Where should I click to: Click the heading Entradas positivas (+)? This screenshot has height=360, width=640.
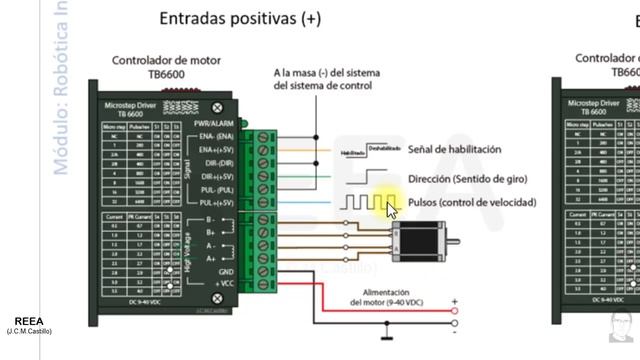tap(241, 19)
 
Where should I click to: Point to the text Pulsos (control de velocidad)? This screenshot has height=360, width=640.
tap(472, 202)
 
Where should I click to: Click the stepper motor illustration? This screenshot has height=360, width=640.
tap(419, 237)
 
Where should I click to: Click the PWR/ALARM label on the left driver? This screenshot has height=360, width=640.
tap(215, 123)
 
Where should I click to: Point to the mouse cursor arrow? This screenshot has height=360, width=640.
tap(391, 208)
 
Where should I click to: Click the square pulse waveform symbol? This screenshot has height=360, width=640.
tap(360, 203)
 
